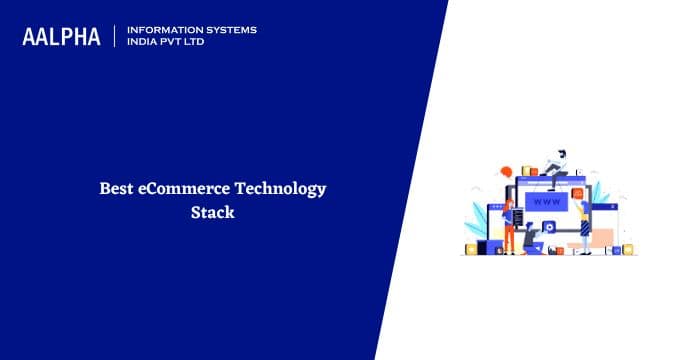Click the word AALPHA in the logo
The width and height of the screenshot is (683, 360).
point(61,37)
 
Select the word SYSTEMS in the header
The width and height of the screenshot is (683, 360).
point(228,30)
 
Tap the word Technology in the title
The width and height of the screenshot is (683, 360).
point(281,188)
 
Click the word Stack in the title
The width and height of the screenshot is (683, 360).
point(212,212)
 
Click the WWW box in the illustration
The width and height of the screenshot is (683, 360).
point(548,202)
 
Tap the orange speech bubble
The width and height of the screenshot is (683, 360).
point(507,171)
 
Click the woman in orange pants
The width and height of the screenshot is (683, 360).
point(508,224)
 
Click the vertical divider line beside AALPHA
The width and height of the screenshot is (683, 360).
point(116,36)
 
